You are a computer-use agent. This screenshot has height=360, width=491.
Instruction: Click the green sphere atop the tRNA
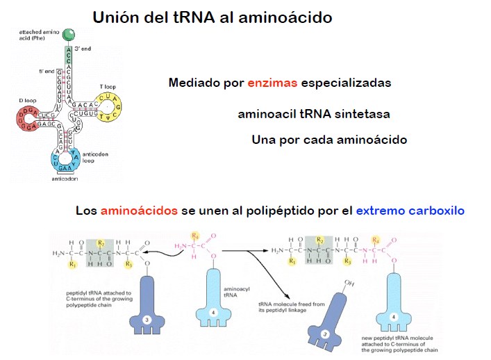[x=68, y=34]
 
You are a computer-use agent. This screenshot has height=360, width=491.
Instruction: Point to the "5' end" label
[x=47, y=71]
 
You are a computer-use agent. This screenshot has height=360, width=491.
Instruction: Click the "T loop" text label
[x=108, y=86]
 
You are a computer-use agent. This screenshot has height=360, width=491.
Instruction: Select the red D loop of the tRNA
[x=30, y=120]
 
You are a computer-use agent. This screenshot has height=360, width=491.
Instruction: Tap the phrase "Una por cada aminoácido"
[x=329, y=140]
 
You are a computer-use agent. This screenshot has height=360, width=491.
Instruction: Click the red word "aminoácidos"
[x=139, y=211]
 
